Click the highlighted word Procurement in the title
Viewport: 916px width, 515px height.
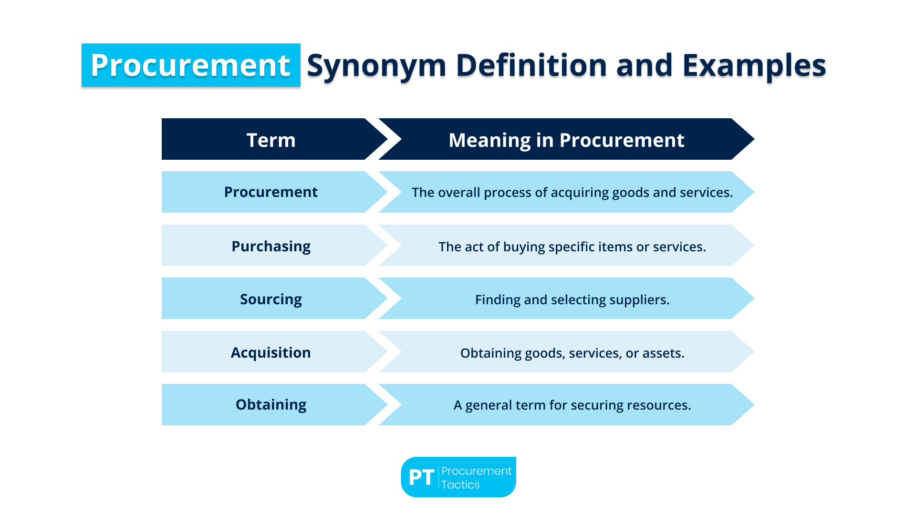(190, 65)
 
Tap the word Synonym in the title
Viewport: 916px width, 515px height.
(376, 65)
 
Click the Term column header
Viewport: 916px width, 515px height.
(271, 140)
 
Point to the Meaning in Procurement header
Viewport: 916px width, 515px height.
(566, 140)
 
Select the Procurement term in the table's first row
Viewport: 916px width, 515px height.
(271, 192)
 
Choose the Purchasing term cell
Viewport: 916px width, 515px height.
(271, 246)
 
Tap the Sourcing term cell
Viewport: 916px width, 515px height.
(271, 299)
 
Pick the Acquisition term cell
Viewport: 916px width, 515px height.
(271, 352)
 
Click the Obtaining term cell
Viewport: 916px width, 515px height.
(271, 404)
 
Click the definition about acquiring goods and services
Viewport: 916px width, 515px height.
(572, 192)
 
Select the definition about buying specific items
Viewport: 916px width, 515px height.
(572, 247)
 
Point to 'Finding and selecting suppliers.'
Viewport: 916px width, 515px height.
(572, 299)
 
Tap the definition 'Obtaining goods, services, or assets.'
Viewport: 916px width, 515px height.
(572, 353)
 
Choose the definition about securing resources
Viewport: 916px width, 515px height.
(572, 405)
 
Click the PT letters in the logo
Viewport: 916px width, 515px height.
(421, 477)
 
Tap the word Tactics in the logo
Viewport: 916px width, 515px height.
(460, 484)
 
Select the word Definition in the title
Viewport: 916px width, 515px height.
(531, 65)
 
